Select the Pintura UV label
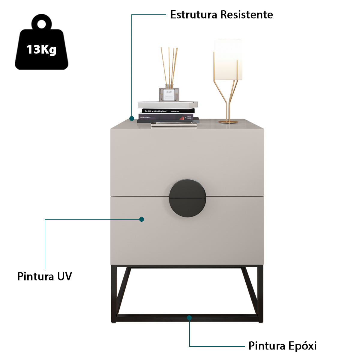click(x=45, y=276)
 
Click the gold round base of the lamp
click(x=228, y=122)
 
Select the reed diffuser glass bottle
click(x=169, y=94)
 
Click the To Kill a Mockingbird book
click(x=168, y=111)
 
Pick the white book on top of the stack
click(x=167, y=104)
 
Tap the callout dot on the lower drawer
click(x=142, y=219)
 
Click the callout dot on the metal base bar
click(x=189, y=317)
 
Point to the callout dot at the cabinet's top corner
click(x=131, y=118)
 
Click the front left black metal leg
click(x=114, y=294)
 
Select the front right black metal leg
click(x=260, y=294)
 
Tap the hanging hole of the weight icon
click(x=41, y=24)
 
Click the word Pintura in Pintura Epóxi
click(x=267, y=346)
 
